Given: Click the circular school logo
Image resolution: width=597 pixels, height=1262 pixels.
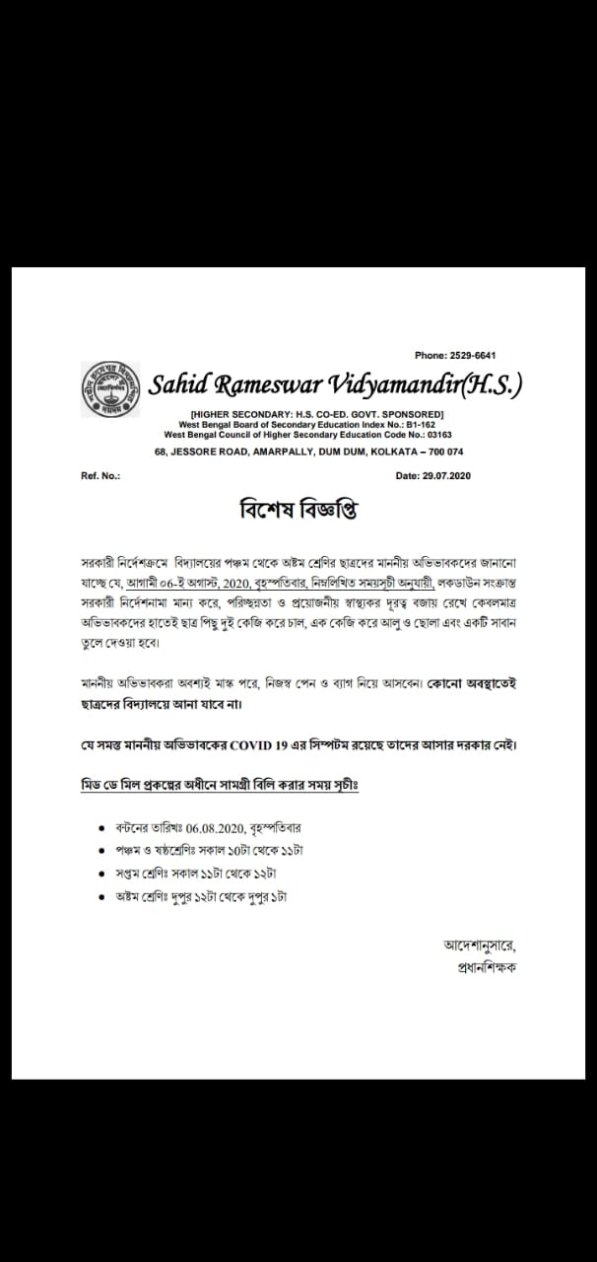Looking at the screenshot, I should click(108, 391).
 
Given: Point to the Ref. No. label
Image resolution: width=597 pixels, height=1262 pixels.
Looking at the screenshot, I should click(100, 475).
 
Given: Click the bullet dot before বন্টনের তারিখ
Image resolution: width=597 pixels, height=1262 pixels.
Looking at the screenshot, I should click(102, 829).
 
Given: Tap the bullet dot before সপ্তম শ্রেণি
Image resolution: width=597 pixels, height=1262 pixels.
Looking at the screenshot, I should click(102, 875).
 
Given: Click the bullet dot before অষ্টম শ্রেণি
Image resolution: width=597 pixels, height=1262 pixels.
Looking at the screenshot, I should click(102, 897).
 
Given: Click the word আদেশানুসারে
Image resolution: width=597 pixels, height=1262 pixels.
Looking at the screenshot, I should click(479, 945).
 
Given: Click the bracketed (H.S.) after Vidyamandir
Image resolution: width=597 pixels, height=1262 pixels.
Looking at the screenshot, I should click(489, 385).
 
